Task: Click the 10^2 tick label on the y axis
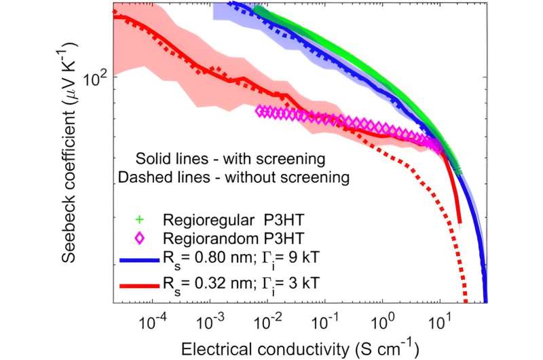(x=95, y=76)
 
